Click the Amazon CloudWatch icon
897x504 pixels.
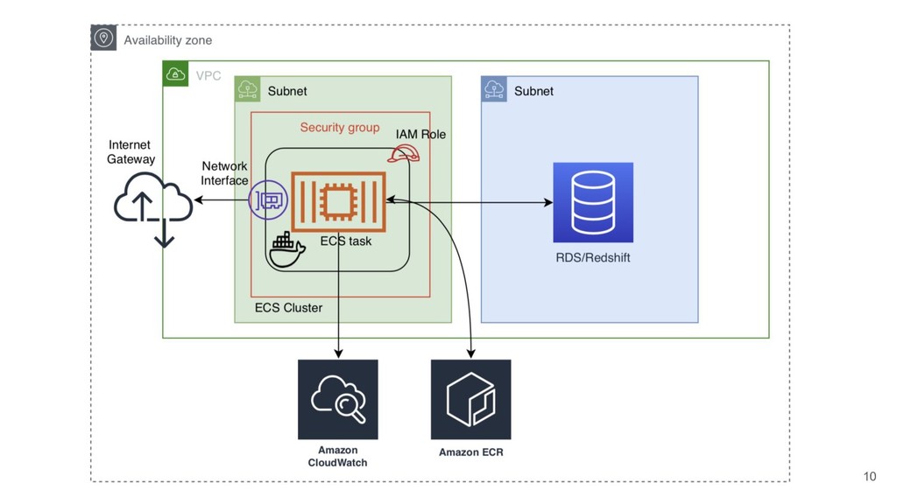[337, 399]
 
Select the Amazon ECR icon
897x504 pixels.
[470, 399]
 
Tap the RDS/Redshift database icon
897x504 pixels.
[593, 202]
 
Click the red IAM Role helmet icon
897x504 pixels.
[404, 154]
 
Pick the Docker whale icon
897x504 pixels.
[286, 249]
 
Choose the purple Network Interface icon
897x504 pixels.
[268, 200]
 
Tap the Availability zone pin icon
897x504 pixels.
[103, 38]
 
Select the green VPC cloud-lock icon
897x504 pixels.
[175, 74]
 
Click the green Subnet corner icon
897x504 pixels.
[248, 89]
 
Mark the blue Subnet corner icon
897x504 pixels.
[494, 89]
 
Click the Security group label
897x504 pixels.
[340, 128]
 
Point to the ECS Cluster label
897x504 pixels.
[288, 308]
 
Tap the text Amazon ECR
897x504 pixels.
[470, 452]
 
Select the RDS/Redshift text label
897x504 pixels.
[593, 258]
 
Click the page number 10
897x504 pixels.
[869, 476]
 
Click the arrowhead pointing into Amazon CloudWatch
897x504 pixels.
[338, 353]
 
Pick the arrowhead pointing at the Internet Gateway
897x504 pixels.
[199, 200]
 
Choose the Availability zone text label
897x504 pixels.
[167, 40]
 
